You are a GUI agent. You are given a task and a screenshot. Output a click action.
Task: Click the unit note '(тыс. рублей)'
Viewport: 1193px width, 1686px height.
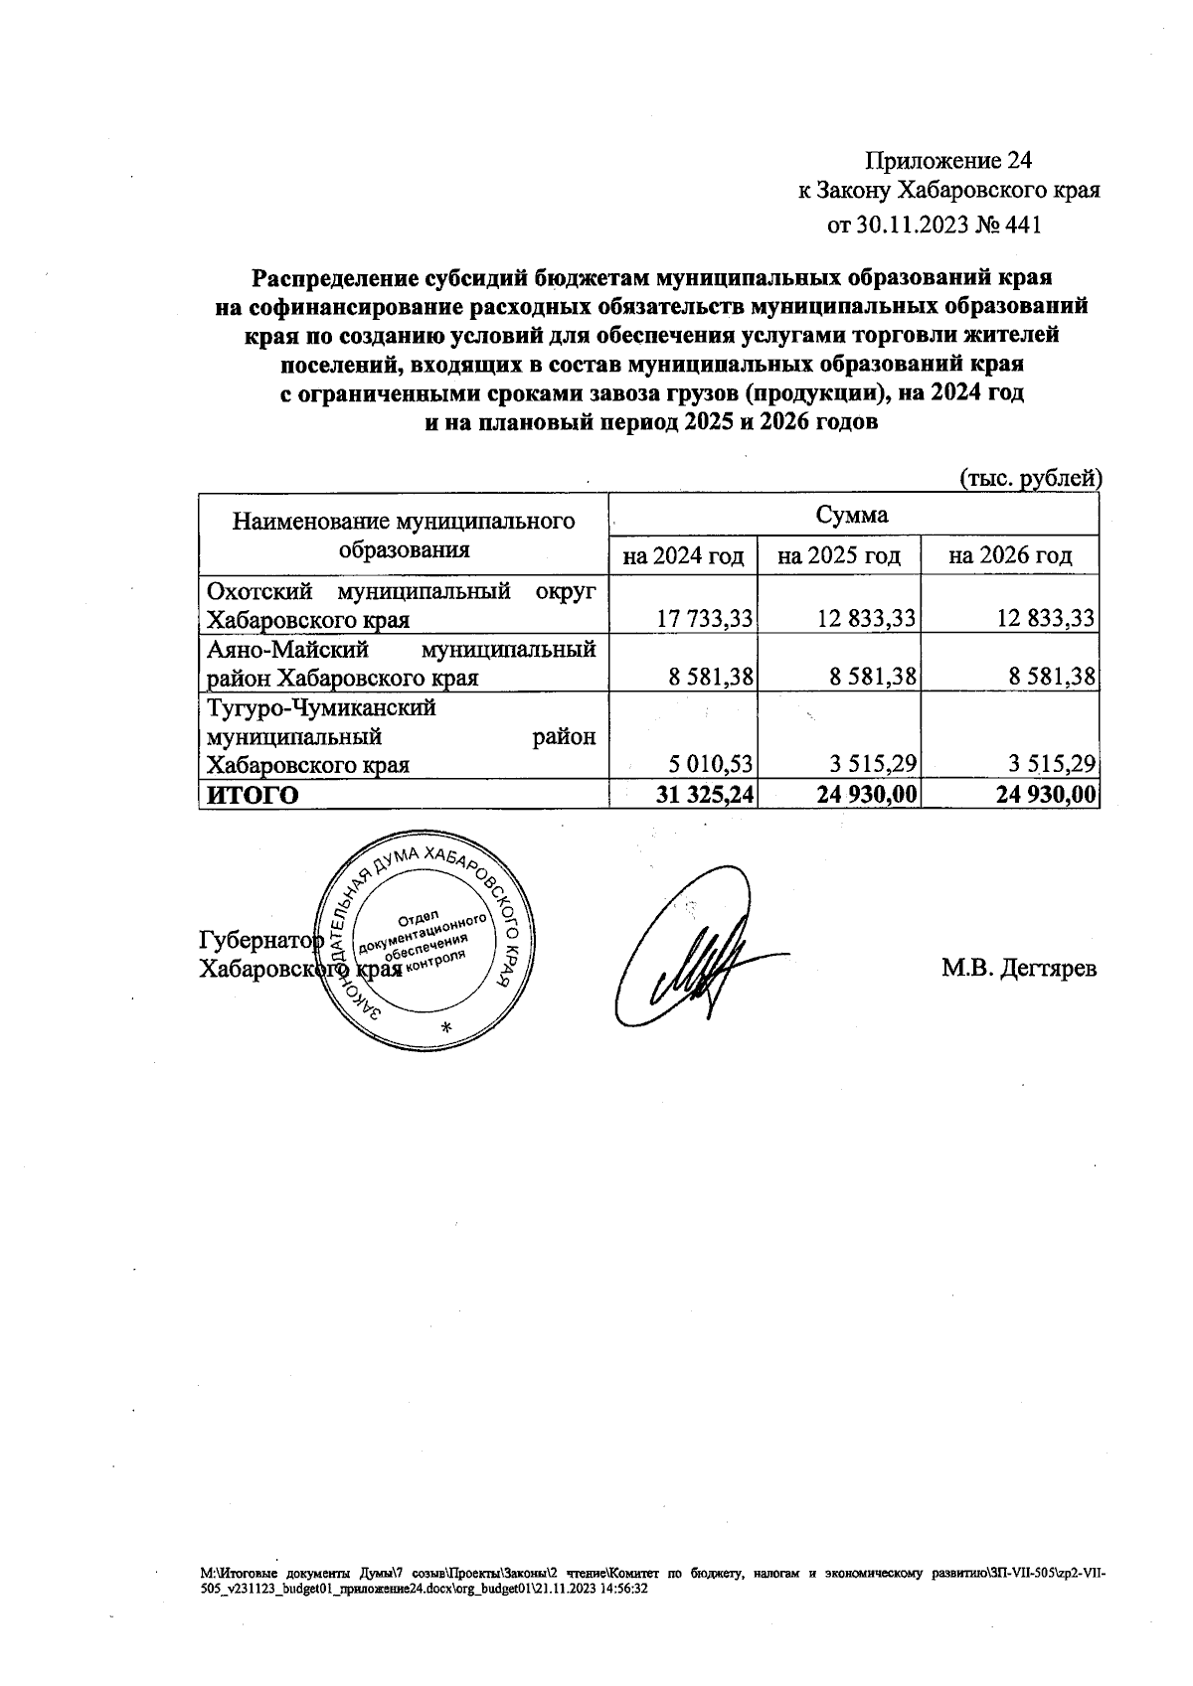[x=1030, y=479]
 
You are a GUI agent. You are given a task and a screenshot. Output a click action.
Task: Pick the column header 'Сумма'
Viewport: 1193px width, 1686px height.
[x=852, y=515]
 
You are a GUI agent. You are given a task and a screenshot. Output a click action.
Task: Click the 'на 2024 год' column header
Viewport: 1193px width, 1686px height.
[x=683, y=555]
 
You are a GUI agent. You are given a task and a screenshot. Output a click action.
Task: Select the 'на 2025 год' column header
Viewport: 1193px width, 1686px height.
[x=839, y=555]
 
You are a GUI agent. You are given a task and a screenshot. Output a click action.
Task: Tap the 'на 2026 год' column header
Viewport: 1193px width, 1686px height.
[x=1010, y=555]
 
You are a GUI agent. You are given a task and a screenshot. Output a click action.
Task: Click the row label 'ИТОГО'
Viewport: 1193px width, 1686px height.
[x=251, y=795]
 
